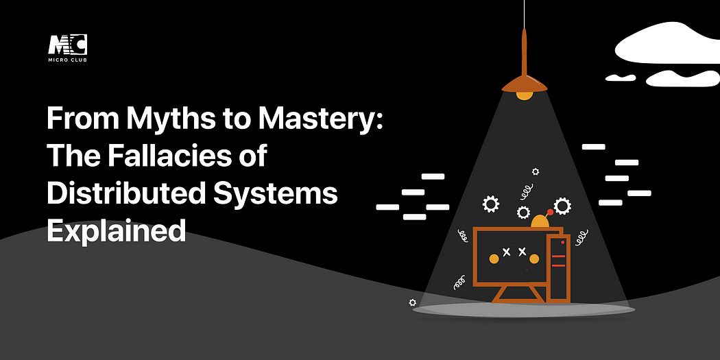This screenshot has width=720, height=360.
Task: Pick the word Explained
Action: pyautogui.click(x=116, y=230)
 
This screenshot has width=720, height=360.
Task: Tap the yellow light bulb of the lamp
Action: pyautogui.click(x=525, y=95)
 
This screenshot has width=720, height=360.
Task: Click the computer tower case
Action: pyautogui.click(x=558, y=267)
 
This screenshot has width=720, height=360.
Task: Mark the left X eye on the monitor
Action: pyautogui.click(x=507, y=252)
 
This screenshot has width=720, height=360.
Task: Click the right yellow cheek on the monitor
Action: pyautogui.click(x=534, y=259)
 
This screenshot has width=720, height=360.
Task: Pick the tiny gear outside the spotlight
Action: pyautogui.click(x=412, y=302)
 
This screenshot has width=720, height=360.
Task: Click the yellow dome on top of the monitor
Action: pyautogui.click(x=540, y=221)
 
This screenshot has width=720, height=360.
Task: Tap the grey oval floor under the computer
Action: pyautogui.click(x=524, y=310)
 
